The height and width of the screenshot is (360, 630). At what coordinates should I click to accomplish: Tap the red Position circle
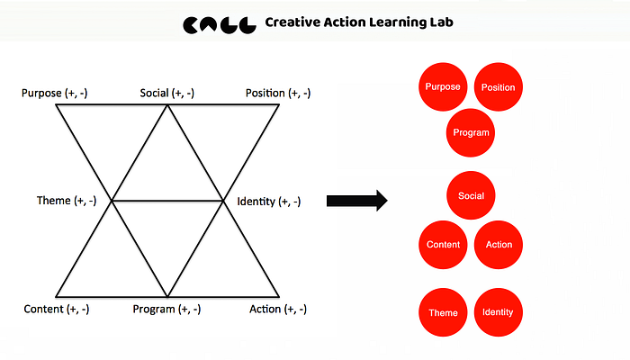pyautogui.click(x=498, y=87)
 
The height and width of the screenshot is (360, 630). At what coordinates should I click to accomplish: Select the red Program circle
pyautogui.click(x=471, y=132)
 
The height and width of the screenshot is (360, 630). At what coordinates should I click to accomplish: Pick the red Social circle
pyautogui.click(x=471, y=195)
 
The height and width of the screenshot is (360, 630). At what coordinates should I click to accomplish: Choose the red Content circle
pyautogui.click(x=443, y=245)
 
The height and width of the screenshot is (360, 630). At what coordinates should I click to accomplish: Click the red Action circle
pyautogui.click(x=498, y=245)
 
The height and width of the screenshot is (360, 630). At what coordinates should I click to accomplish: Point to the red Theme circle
pyautogui.click(x=443, y=312)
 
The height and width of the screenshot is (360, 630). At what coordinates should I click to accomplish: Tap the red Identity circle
pyautogui.click(x=498, y=312)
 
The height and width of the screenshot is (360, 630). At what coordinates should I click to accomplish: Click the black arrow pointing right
pyautogui.click(x=356, y=201)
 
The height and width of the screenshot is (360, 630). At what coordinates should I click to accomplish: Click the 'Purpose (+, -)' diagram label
pyautogui.click(x=55, y=93)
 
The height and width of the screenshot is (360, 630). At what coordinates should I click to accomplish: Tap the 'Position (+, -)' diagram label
pyautogui.click(x=278, y=93)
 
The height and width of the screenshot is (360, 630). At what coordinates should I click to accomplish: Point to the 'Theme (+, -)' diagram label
pyautogui.click(x=67, y=200)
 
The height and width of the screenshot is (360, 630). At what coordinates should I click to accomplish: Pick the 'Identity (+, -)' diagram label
pyautogui.click(x=269, y=202)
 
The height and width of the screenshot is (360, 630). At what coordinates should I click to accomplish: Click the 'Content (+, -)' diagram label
pyautogui.click(x=57, y=309)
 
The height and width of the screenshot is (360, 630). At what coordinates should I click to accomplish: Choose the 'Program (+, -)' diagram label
pyautogui.click(x=166, y=309)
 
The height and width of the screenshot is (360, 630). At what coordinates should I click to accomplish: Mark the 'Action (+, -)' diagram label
pyautogui.click(x=278, y=309)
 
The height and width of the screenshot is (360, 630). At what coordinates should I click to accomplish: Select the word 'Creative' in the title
pyautogui.click(x=292, y=23)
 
